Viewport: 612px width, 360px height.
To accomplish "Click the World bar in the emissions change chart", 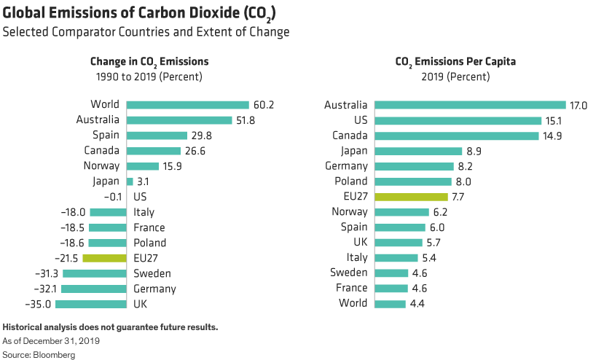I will click(188, 104).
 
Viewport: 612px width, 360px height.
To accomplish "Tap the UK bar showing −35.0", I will click(91, 304).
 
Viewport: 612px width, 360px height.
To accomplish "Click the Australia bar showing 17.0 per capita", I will click(470, 105).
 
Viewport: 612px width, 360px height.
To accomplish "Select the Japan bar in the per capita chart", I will click(419, 151).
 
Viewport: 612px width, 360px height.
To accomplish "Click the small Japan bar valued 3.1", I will click(130, 181).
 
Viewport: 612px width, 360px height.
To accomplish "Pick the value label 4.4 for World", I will click(418, 302).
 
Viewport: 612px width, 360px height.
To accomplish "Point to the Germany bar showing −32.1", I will click(95, 289).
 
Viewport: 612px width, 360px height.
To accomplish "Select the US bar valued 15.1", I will click(458, 120).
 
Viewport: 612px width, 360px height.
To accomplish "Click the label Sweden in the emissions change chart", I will click(152, 273).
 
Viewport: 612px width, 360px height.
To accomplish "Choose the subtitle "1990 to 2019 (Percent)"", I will click(146, 77).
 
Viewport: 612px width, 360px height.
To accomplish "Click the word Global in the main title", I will click(25, 12).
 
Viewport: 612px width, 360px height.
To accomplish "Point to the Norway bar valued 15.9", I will click(143, 166).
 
